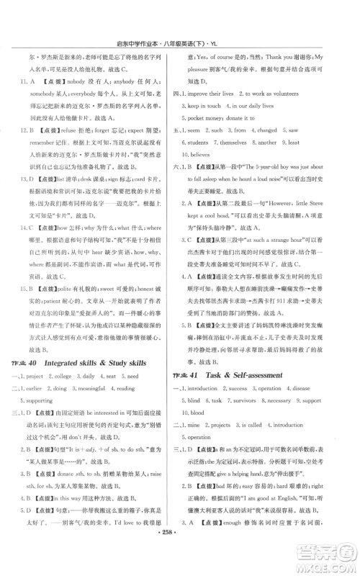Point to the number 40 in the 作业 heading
[x=35, y=363]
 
